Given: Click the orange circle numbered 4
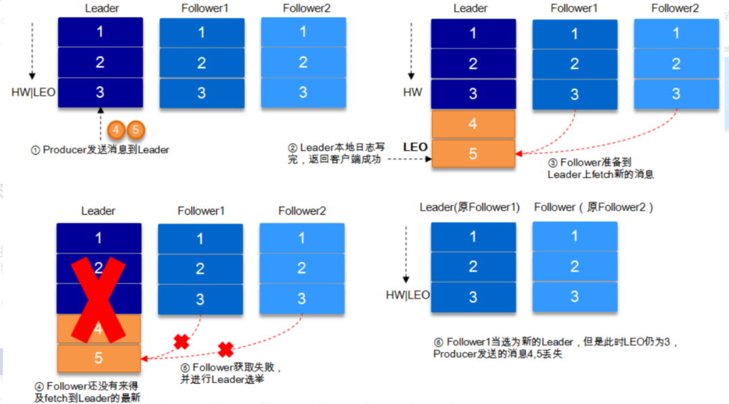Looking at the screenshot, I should coord(116,128).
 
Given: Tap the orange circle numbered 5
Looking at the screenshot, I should coord(135,128).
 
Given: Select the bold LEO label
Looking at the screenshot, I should coord(415,147).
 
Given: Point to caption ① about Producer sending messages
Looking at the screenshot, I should coord(100,150).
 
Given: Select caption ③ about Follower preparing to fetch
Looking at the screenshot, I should coord(601,168).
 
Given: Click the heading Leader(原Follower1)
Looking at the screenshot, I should coord(470,207).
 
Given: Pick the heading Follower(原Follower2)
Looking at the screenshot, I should coord(593,207).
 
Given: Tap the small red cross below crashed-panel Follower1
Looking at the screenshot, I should coord(181,342).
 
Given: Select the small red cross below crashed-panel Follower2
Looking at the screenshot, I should coord(225,349).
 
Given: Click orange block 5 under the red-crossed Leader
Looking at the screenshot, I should coord(99,358).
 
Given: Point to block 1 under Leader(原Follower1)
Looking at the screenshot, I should coord(473,237).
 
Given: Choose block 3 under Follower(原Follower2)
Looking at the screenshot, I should coord(574,297).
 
